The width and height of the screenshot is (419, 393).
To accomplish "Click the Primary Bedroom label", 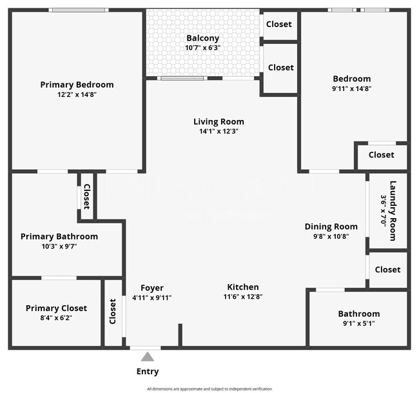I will (77, 85).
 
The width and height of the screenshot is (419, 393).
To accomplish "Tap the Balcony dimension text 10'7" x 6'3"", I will (203, 48).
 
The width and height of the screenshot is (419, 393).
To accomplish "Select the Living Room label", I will (219, 121).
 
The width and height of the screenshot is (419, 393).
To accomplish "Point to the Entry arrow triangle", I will (148, 356).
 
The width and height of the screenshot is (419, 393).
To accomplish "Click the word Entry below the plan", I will (148, 371).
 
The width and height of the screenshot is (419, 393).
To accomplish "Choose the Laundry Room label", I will (392, 210).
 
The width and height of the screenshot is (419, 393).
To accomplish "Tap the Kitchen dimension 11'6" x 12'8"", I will (242, 297).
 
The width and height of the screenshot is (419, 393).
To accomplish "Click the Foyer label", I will (152, 288).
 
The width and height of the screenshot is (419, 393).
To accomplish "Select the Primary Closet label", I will (56, 308).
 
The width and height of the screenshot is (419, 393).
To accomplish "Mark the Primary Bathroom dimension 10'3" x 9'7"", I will (59, 246).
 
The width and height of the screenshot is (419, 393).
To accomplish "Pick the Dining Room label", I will (331, 227).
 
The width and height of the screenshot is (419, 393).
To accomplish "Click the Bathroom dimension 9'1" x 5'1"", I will (359, 323).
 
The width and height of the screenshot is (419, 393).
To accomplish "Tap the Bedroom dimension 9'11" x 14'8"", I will (352, 88).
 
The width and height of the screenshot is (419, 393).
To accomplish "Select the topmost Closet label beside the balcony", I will (278, 24).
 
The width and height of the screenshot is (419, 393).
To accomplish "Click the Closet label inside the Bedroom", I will (381, 155).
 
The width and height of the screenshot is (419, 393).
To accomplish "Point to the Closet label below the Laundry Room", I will (387, 270).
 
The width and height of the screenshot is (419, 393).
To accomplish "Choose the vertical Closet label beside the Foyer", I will (113, 311).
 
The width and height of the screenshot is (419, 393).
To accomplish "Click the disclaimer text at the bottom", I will (209, 388).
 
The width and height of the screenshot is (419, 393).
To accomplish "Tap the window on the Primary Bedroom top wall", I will (79, 10).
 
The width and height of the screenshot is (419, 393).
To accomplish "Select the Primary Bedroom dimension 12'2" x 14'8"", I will (77, 94).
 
